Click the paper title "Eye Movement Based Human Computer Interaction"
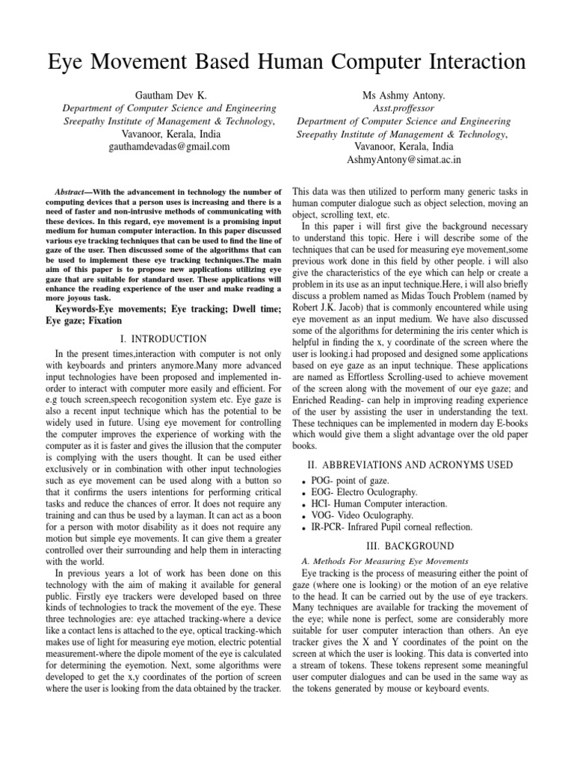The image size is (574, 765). coord(287,59)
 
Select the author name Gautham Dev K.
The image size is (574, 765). coord(169,95)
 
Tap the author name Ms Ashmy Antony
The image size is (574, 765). coord(404,95)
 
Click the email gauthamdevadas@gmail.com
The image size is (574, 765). coord(169,147)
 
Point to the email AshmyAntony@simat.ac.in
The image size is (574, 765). coord(404,159)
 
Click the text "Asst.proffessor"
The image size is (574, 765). coord(404,108)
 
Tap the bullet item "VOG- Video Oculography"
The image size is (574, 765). coord(366,515)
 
